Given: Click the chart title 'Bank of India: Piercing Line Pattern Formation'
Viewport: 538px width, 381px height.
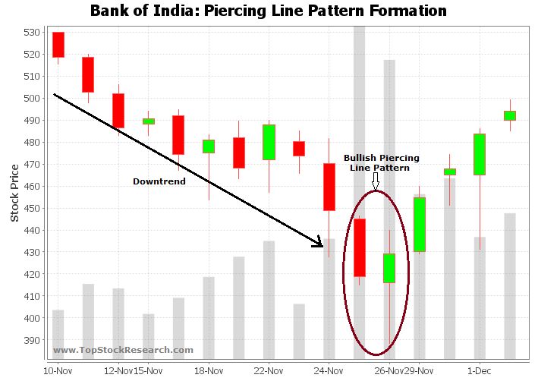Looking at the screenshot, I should pos(268,11).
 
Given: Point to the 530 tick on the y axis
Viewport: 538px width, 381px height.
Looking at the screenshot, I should pos(30,33).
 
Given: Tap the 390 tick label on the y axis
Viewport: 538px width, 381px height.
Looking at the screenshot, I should pos(30,341).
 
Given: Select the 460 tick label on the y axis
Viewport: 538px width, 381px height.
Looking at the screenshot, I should pos(30,187).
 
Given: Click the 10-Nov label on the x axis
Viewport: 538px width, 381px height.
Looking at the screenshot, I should pos(58,371).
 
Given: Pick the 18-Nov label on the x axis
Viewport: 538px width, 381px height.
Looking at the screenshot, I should pos(208,371).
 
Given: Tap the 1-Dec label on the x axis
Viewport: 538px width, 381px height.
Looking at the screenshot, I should pos(478,371).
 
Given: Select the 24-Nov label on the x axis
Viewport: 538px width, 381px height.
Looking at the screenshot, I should pos(329,371).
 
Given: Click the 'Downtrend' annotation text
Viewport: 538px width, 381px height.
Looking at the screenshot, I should pos(159,181).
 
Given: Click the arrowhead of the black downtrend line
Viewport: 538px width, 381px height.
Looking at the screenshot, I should pos(319,243).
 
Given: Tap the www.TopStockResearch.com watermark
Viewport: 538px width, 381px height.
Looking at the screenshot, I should pos(123,350).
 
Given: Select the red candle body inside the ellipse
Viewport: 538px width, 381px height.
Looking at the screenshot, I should pos(359,247).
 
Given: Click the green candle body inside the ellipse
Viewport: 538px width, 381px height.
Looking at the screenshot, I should pos(389,268).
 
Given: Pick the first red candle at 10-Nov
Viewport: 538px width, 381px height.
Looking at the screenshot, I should pos(58,44).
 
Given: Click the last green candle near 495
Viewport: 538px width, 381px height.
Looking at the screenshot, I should pos(509,115).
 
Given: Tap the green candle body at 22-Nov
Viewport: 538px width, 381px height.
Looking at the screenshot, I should pos(269,142).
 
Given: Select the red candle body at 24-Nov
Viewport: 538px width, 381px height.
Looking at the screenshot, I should pos(329,187).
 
